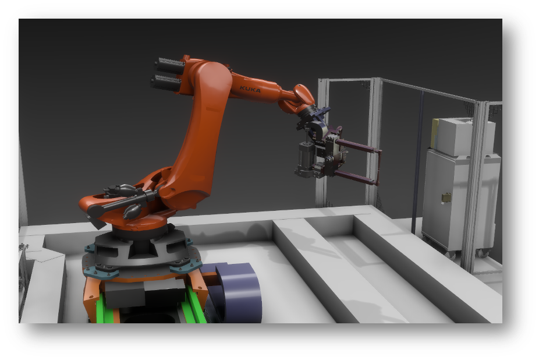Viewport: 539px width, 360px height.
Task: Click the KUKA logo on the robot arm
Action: pos(250,89)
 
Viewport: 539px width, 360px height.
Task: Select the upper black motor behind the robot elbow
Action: pos(170,66)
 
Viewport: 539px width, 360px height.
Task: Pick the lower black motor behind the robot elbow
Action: pos(166,83)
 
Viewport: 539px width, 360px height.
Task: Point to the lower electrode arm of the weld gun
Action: pos(356,177)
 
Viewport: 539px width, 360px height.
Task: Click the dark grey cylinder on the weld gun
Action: pos(305,157)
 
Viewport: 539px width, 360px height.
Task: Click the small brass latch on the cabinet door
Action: pos(446,197)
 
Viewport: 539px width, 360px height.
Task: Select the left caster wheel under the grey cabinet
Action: pos(451,255)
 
